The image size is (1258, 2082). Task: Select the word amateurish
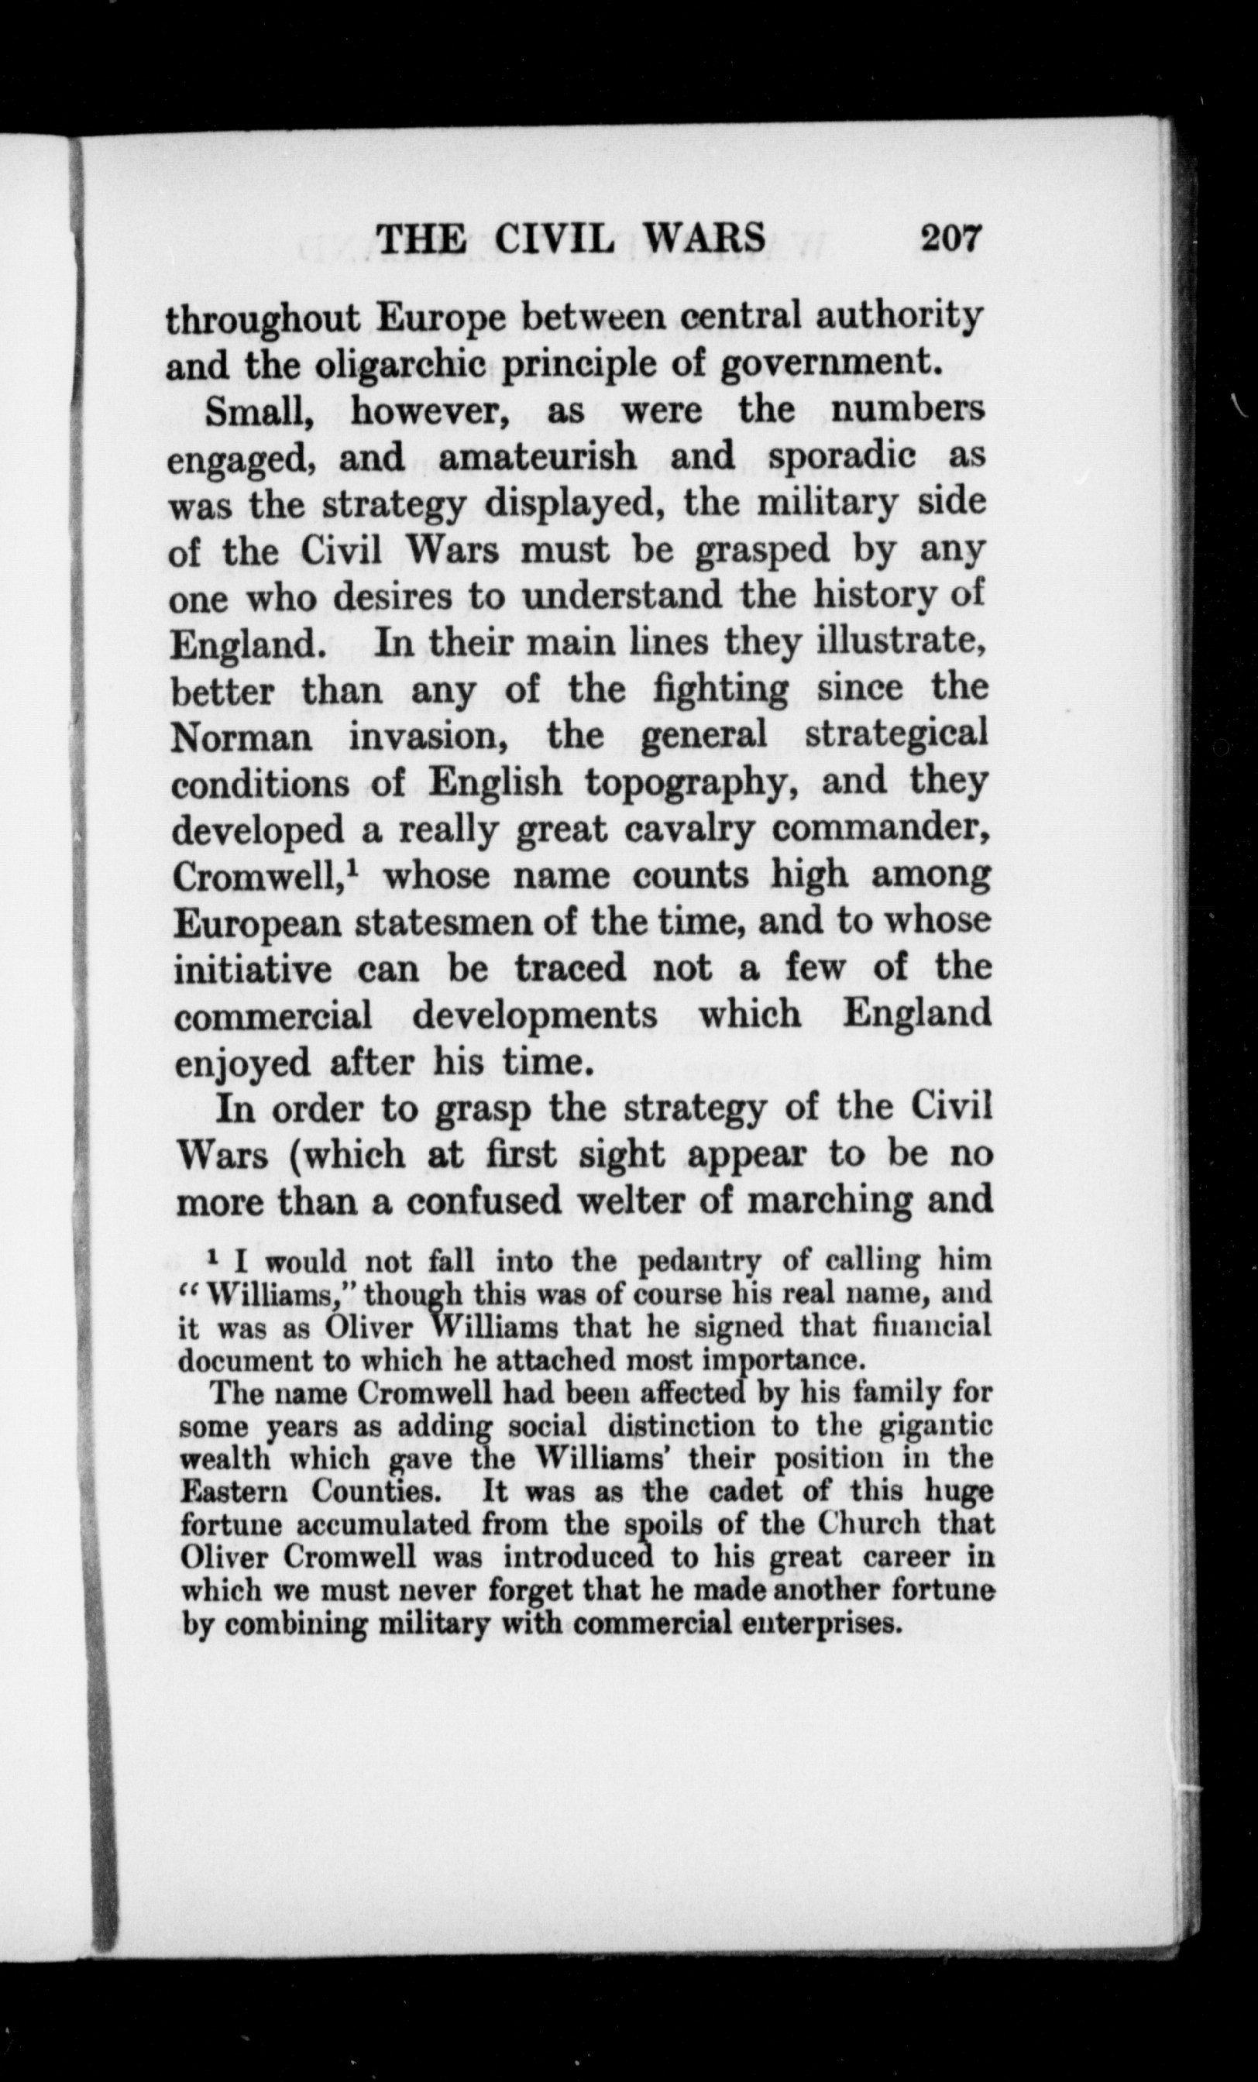point(538,458)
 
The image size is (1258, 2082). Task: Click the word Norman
point(242,737)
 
